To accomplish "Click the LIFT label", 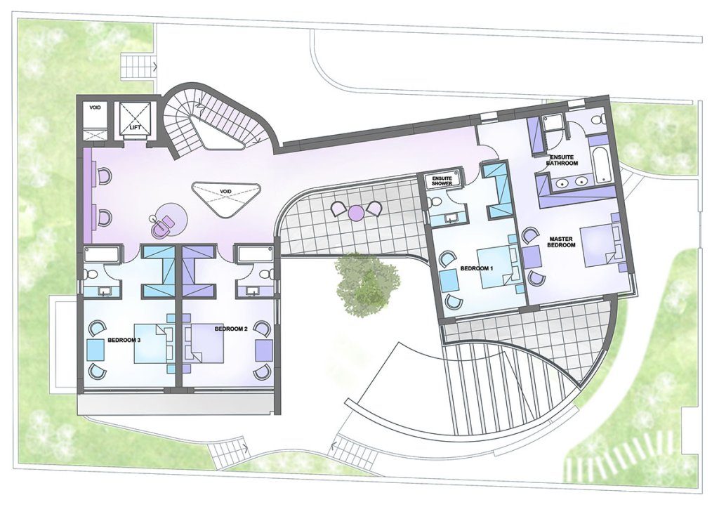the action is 136,127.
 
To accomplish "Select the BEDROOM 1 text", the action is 477,269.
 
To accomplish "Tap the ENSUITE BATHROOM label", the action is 562,160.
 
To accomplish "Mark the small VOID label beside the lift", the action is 95,107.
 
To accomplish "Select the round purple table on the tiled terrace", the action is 356,212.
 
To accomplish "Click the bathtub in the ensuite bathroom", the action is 601,164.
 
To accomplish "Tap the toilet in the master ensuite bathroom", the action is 597,120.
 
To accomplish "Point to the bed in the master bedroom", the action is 599,245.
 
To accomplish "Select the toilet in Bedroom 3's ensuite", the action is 91,274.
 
